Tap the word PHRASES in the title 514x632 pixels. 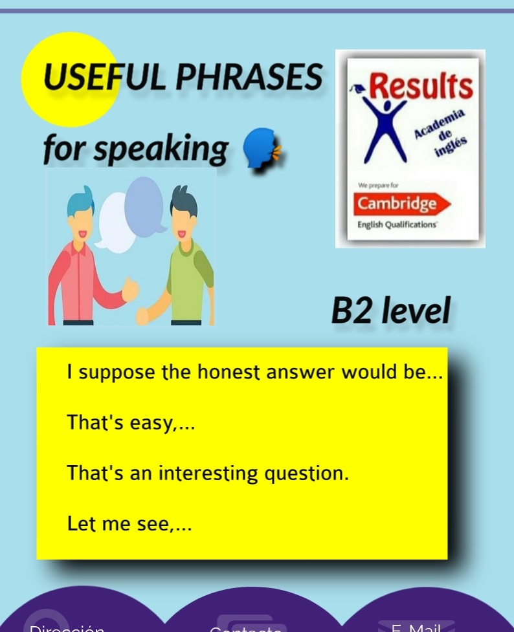pyautogui.click(x=249, y=79)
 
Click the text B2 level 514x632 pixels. pyautogui.click(x=390, y=311)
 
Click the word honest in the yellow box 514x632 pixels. pyautogui.click(x=227, y=373)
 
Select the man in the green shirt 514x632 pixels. pyautogui.click(x=185, y=259)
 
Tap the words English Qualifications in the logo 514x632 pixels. pyautogui.click(x=397, y=225)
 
